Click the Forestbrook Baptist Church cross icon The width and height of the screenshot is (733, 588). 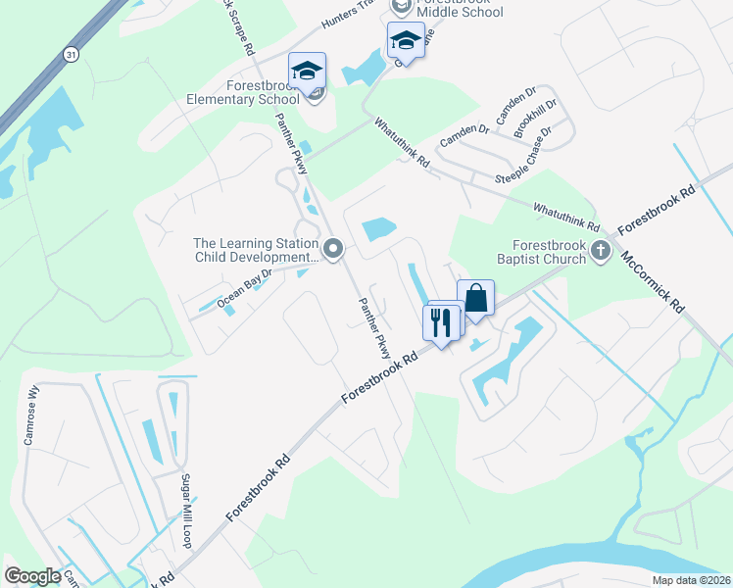click(x=600, y=252)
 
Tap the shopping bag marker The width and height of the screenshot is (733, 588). click(x=475, y=299)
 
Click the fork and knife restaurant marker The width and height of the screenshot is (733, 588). click(x=440, y=320)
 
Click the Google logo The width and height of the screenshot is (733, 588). click(x=32, y=576)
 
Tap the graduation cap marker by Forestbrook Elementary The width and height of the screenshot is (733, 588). click(x=307, y=72)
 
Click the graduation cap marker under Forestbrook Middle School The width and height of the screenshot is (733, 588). click(x=405, y=42)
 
